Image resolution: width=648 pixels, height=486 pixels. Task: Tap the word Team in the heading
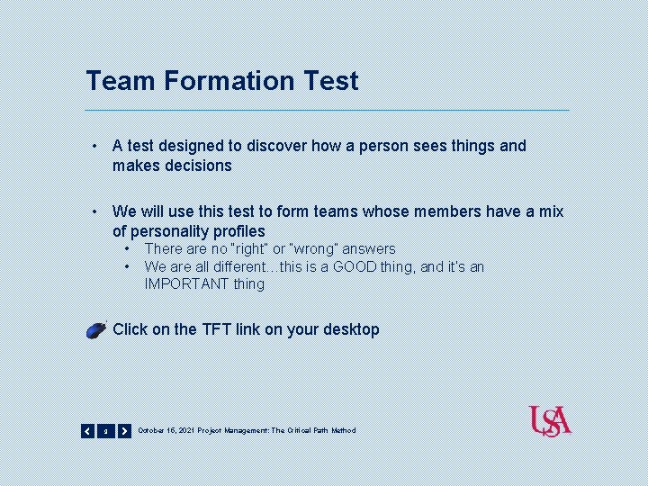pyautogui.click(x=121, y=81)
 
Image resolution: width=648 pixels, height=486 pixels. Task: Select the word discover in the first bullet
pyautogui.click(x=276, y=146)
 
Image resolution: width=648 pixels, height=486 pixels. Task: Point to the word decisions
pyautogui.click(x=196, y=166)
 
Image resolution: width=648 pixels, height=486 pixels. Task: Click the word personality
pyautogui.click(x=170, y=231)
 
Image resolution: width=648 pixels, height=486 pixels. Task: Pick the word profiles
pyautogui.click(x=239, y=231)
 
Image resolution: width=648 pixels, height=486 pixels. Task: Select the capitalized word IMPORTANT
pyautogui.click(x=186, y=284)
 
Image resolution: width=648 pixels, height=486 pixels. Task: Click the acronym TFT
pyautogui.click(x=217, y=329)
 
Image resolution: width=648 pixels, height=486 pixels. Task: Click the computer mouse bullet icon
pyautogui.click(x=97, y=330)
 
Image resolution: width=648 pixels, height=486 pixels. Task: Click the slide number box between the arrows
pyautogui.click(x=105, y=431)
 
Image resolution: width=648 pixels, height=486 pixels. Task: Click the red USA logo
pyautogui.click(x=550, y=421)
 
